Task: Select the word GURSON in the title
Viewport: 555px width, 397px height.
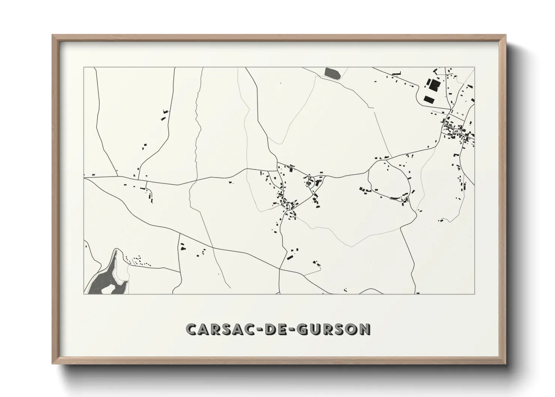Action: (x=334, y=329)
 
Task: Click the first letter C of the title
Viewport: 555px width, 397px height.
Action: (x=191, y=329)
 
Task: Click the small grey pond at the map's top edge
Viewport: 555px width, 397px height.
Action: (x=332, y=73)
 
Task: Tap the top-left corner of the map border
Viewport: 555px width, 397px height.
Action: (x=84, y=67)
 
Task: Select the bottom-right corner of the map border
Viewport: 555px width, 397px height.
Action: (x=475, y=294)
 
